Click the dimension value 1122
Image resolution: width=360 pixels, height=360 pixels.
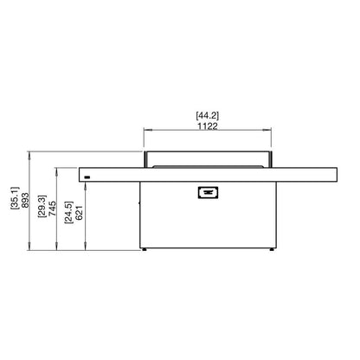point(208,126)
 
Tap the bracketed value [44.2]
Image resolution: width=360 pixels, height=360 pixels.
point(208,116)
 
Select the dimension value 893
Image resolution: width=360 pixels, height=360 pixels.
point(25,201)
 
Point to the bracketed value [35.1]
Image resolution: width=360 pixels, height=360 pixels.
point(15,197)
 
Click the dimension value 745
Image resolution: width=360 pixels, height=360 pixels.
point(52,209)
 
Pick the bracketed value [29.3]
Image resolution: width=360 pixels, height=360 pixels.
point(42,206)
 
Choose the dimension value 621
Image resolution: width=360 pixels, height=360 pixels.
point(79,213)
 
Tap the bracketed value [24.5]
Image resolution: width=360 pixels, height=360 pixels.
point(68,212)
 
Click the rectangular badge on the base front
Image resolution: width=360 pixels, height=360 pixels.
point(208,192)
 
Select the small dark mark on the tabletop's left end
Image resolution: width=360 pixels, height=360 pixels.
point(87,177)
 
